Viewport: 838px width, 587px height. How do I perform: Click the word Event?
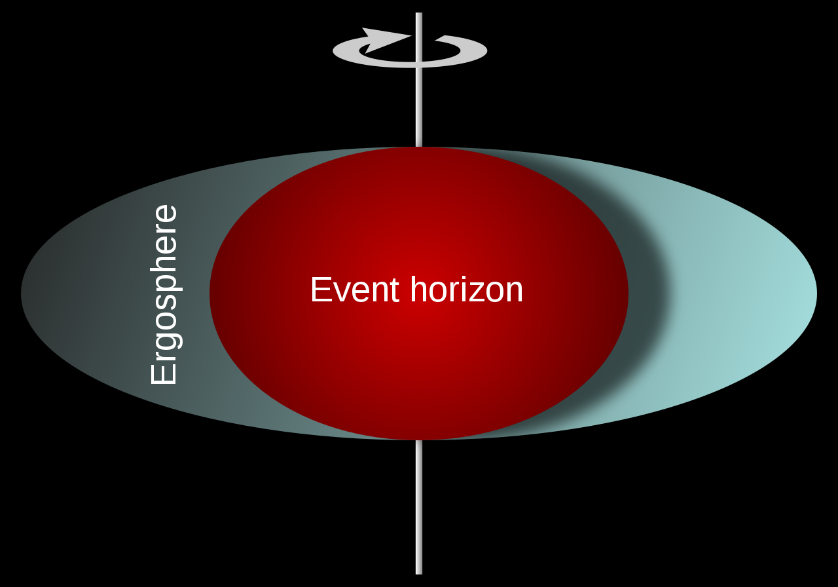(354, 290)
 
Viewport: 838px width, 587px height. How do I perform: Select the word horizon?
(467, 290)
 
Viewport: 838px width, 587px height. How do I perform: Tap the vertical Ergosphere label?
(164, 294)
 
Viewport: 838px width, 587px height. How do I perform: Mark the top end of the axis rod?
(419, 14)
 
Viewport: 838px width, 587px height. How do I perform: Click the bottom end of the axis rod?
(419, 572)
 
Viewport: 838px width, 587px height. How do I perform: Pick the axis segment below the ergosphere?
(419, 504)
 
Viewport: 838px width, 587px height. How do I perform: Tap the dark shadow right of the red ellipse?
(645, 295)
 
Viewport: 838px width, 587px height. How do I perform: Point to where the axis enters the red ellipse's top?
(419, 147)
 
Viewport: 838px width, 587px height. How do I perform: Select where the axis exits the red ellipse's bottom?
(419, 440)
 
